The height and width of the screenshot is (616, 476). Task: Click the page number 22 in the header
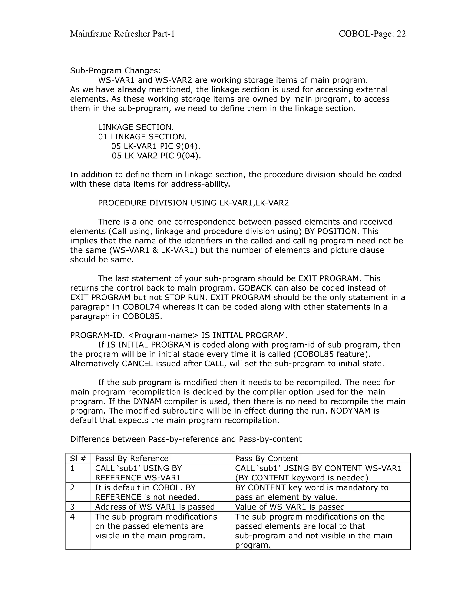[401, 34]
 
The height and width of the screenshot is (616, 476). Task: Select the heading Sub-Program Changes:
[115, 70]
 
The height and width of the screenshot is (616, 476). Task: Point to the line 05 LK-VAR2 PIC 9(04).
[156, 156]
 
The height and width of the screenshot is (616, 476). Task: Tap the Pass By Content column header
[267, 458]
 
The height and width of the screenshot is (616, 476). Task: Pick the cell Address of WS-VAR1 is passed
[155, 507]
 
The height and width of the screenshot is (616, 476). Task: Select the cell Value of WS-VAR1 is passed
[290, 507]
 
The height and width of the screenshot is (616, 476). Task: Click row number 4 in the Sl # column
[73, 517]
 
